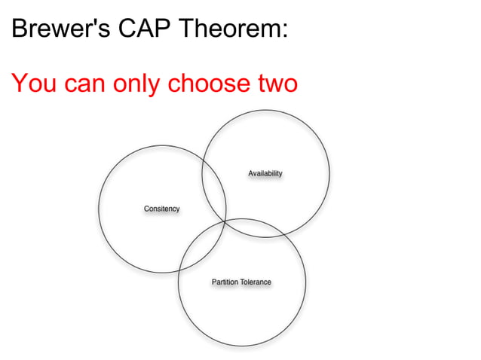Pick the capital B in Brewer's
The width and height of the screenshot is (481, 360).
(18, 29)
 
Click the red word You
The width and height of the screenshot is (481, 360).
(34, 83)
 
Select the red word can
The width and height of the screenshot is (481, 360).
(85, 84)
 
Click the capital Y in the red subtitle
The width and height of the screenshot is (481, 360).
(19, 83)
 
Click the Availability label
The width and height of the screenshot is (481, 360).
(265, 174)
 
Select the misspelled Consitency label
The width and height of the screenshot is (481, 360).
(161, 209)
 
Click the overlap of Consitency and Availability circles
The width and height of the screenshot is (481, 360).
(215, 185)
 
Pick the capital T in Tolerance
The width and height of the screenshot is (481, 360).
(243, 282)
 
